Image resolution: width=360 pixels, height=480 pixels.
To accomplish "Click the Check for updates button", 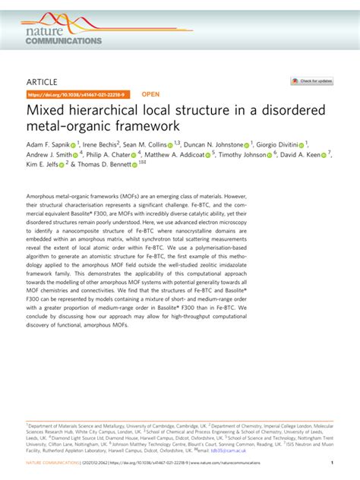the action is (x=312, y=81).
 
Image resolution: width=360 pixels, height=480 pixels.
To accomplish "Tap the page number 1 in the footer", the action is (x=332, y=463).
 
